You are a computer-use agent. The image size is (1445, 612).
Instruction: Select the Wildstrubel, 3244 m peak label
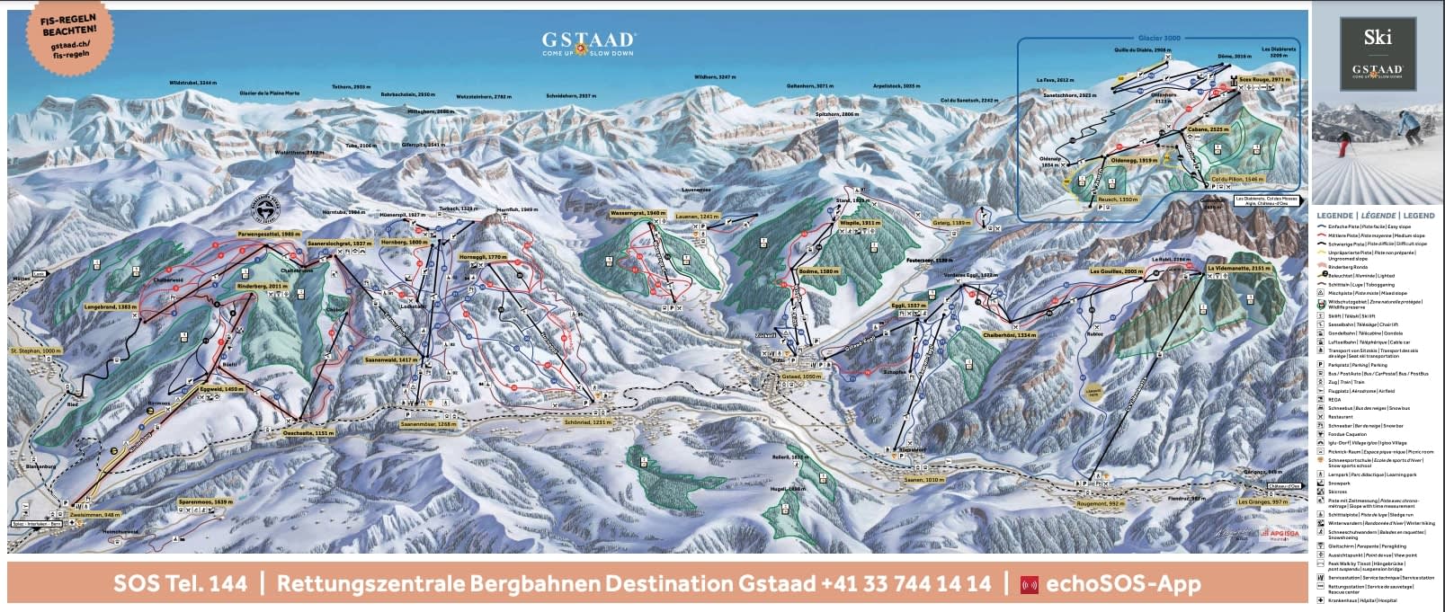tap(193, 83)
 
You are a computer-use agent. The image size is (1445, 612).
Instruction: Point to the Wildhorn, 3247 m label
tap(716, 78)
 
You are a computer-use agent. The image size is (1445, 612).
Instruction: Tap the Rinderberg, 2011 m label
tap(262, 287)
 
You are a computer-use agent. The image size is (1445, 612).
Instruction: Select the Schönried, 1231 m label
tap(590, 421)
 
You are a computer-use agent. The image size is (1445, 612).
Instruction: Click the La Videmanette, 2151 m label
tap(1239, 268)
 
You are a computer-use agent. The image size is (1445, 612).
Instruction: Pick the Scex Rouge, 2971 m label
tap(1264, 80)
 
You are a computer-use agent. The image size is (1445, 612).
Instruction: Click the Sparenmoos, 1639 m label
tap(205, 502)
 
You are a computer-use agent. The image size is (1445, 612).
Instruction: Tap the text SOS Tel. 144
tap(180, 583)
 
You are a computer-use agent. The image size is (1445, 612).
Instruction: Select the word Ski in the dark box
tap(1378, 37)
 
